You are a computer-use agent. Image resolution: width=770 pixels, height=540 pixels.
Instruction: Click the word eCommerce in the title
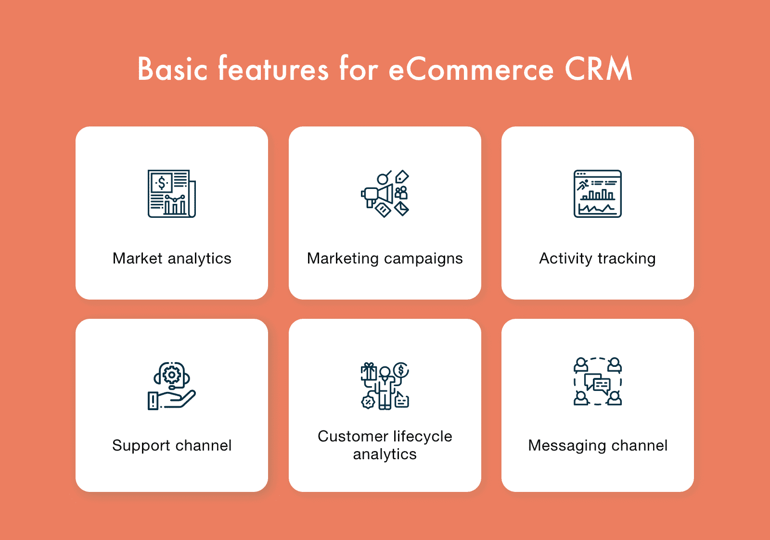(x=471, y=69)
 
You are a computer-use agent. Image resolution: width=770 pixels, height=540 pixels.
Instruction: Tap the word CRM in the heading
(x=598, y=69)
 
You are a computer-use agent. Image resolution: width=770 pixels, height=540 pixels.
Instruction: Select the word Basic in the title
(x=173, y=69)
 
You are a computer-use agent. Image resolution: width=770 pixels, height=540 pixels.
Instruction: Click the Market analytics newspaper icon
(x=171, y=194)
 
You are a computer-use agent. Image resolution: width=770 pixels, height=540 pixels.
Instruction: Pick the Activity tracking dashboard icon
(x=597, y=194)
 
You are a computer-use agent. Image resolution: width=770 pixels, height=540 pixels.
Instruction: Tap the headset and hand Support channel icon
(x=171, y=386)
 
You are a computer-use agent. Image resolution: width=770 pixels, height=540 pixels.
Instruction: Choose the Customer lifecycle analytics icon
(x=385, y=386)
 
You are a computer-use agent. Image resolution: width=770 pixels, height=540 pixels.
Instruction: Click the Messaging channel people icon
(x=597, y=381)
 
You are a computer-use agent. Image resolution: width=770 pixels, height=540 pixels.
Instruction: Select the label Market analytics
(x=172, y=258)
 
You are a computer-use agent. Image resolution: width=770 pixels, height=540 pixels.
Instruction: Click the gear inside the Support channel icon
(x=171, y=375)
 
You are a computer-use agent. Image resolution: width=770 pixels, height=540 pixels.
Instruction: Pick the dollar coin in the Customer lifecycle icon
(x=401, y=370)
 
